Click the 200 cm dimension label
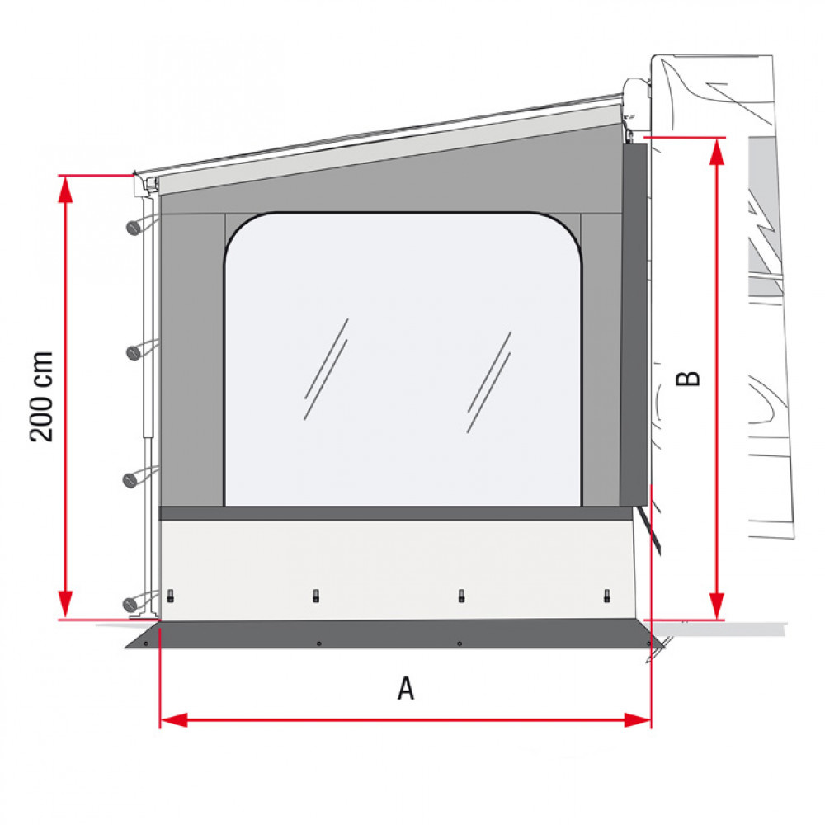[x=41, y=396]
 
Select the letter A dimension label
[x=405, y=688]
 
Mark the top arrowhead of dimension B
[x=717, y=148]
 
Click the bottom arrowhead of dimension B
[x=717, y=608]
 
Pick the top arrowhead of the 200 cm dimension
[x=65, y=186]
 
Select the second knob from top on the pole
[x=132, y=352]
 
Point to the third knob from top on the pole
[x=131, y=479]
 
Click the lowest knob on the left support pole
[x=130, y=605]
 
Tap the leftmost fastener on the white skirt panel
[x=171, y=596]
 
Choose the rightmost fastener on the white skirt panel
[x=606, y=596]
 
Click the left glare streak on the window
[x=326, y=369]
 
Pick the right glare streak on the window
[x=489, y=382]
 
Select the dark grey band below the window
[x=396, y=513]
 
